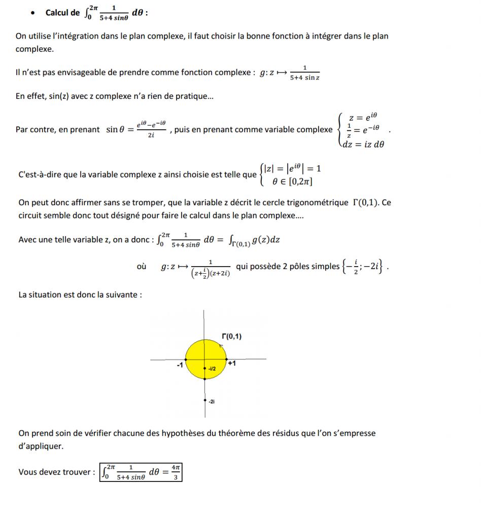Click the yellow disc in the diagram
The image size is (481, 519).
(x=196, y=350)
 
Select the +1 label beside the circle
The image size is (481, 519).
(x=231, y=364)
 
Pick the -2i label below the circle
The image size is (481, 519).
(x=212, y=401)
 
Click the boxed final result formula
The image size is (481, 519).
(x=141, y=472)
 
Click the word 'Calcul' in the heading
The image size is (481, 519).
(x=57, y=13)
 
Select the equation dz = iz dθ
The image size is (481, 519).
(x=363, y=144)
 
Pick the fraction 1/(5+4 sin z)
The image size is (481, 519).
(x=304, y=73)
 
